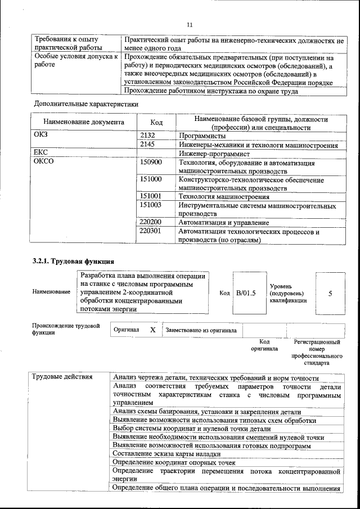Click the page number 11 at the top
[189, 24]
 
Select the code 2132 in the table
[147, 136]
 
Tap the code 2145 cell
[147, 145]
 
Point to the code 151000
[151, 179]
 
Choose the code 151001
[151, 196]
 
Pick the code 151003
[151, 205]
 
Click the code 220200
[151, 222]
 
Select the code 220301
[151, 231]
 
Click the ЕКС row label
[42, 153]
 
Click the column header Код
[157, 122]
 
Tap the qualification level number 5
[330, 294]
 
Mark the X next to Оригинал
[152, 330]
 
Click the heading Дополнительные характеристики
[86, 104]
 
